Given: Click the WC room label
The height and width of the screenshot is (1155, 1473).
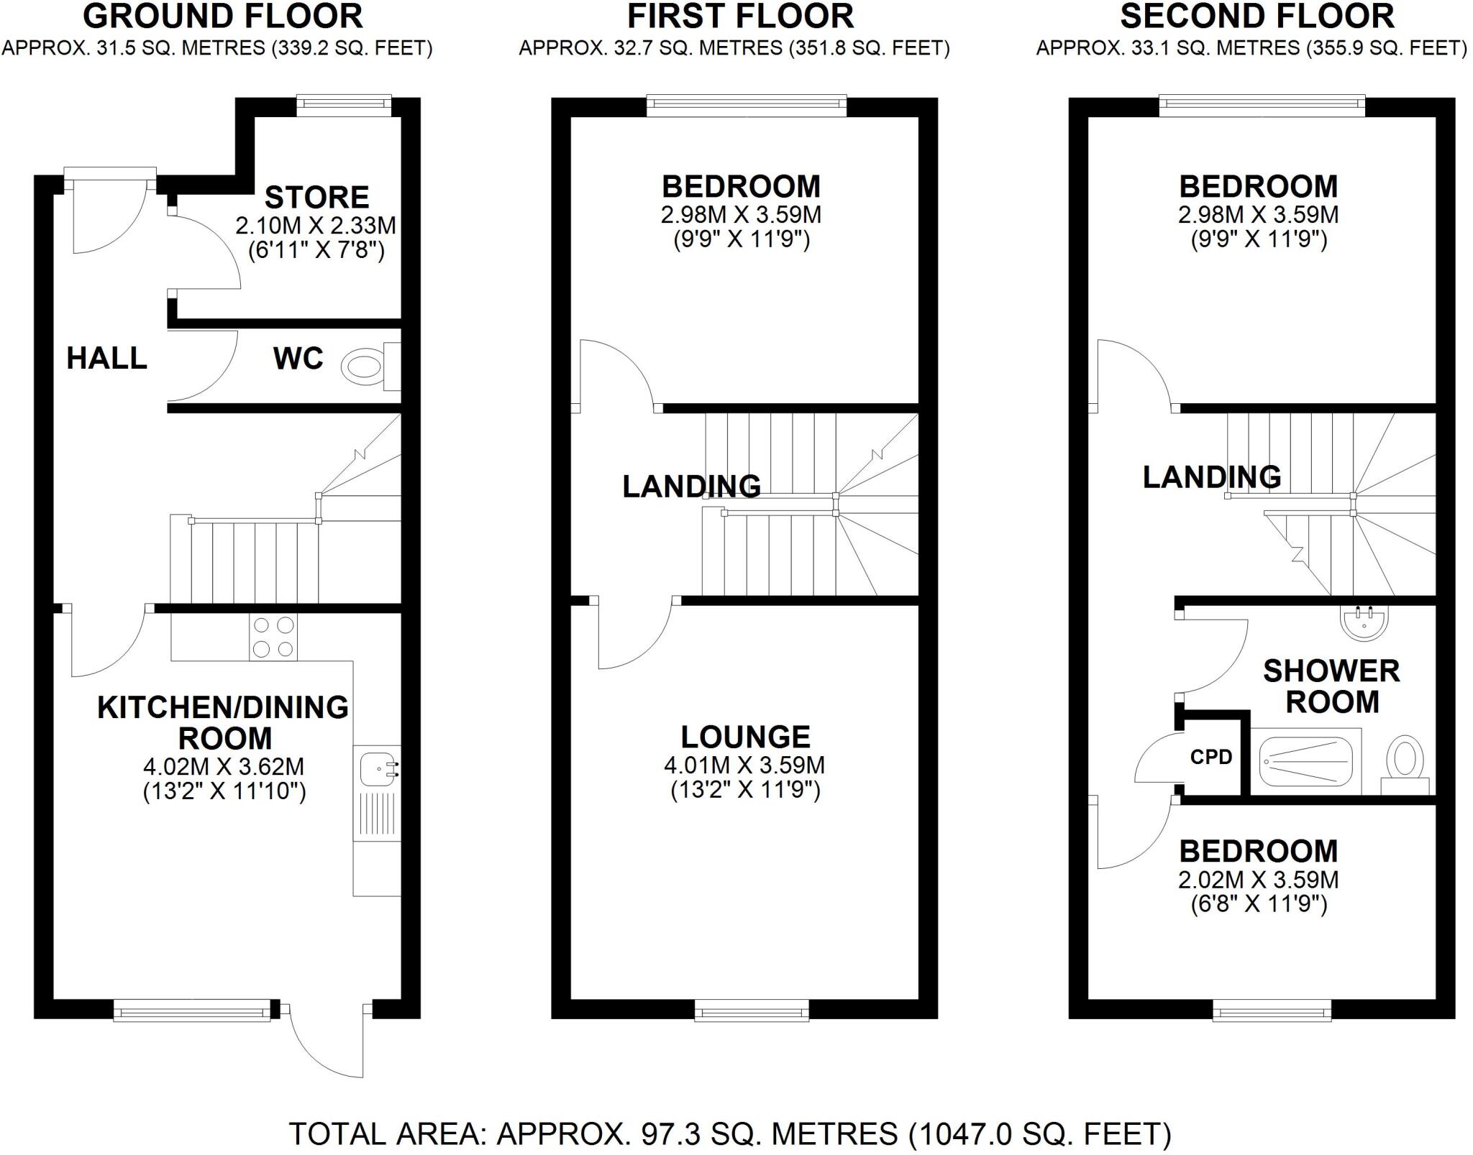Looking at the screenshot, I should [298, 358].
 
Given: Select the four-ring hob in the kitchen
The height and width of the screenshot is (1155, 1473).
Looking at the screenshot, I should [273, 637].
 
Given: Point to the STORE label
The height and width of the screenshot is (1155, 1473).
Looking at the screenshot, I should [316, 197].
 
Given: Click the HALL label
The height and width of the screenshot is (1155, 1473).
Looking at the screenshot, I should [106, 357].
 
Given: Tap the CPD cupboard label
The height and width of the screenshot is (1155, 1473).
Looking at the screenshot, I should [1211, 757].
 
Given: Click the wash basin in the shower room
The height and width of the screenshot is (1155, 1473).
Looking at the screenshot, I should [1364, 622].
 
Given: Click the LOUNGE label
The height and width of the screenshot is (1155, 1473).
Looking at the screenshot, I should [745, 737].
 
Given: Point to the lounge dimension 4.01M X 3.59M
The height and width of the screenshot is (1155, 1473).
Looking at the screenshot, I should [744, 765].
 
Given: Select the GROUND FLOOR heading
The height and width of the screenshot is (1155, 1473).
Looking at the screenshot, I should [223, 16].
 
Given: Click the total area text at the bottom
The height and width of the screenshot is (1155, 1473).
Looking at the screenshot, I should [729, 1133].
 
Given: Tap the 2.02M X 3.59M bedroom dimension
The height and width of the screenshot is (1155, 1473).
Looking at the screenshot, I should [1258, 880].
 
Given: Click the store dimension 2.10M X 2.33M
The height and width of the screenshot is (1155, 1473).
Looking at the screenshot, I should [316, 226].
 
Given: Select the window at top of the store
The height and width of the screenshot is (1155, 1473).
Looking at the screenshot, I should [344, 106].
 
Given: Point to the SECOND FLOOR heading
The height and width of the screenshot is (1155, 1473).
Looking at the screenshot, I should [1257, 16].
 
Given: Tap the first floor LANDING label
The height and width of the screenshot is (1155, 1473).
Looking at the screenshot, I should [691, 487].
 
